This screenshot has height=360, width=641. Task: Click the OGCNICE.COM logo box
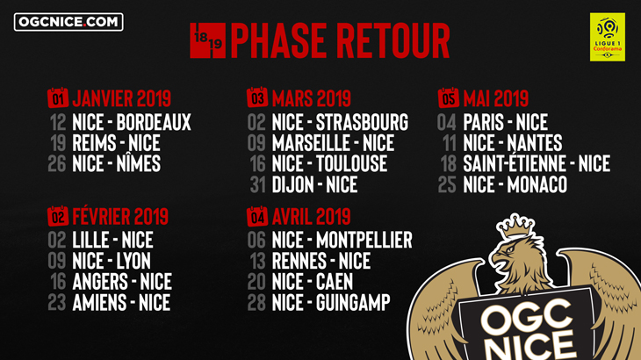coord(68,22)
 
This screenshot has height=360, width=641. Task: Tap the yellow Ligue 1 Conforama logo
coord(607,37)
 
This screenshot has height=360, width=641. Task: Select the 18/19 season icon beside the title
coord(208,40)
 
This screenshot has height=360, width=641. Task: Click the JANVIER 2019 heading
coord(121,98)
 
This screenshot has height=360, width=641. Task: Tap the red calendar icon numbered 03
coord(257,97)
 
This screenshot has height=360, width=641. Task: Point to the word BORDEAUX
coord(154,122)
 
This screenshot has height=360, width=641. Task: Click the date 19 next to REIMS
coord(58,143)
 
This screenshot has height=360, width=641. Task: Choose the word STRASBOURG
coord(362,122)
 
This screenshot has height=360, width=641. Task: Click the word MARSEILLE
coord(309,143)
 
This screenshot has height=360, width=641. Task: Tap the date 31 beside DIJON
coord(258,184)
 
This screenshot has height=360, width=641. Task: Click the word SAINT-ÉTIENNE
coord(515,163)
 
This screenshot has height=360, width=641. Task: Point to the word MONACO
coord(537,184)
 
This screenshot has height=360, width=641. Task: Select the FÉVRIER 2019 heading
coord(120,216)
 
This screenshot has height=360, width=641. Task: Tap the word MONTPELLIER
coord(364,240)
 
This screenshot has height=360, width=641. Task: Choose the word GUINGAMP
coord(353,302)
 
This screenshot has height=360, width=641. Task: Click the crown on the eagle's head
coord(515,226)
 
